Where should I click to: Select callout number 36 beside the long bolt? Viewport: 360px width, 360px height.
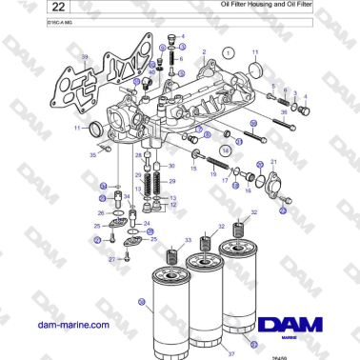284,112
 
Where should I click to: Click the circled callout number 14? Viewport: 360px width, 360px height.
226,150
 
